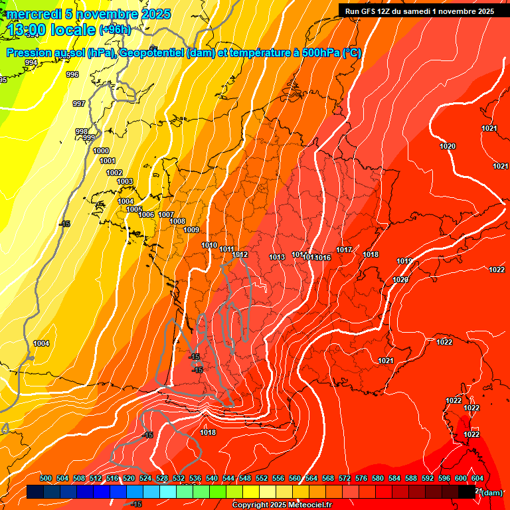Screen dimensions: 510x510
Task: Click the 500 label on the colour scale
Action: coord(46,478)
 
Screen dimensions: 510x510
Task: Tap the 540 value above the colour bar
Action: coord(212,478)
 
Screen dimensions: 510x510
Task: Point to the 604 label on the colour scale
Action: coord(477,478)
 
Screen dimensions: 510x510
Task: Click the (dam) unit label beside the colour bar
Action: coord(491,493)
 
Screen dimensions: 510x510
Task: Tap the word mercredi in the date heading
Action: coord(35,14)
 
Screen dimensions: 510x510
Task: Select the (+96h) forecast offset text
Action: coord(115,29)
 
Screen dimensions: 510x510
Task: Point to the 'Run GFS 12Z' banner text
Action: coord(372,11)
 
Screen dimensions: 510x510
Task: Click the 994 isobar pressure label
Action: coord(31,62)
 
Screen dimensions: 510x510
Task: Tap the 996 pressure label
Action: coord(72,74)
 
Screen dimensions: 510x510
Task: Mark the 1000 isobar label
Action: coord(101,151)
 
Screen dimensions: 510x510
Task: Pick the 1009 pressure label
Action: coord(191,230)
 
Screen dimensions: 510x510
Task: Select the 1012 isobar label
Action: coord(240,254)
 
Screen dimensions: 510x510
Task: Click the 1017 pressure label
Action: coord(343,250)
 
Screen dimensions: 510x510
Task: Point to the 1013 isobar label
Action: coord(277,257)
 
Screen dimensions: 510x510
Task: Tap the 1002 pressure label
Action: coord(114,173)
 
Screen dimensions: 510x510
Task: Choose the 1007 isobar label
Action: coord(166,214)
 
